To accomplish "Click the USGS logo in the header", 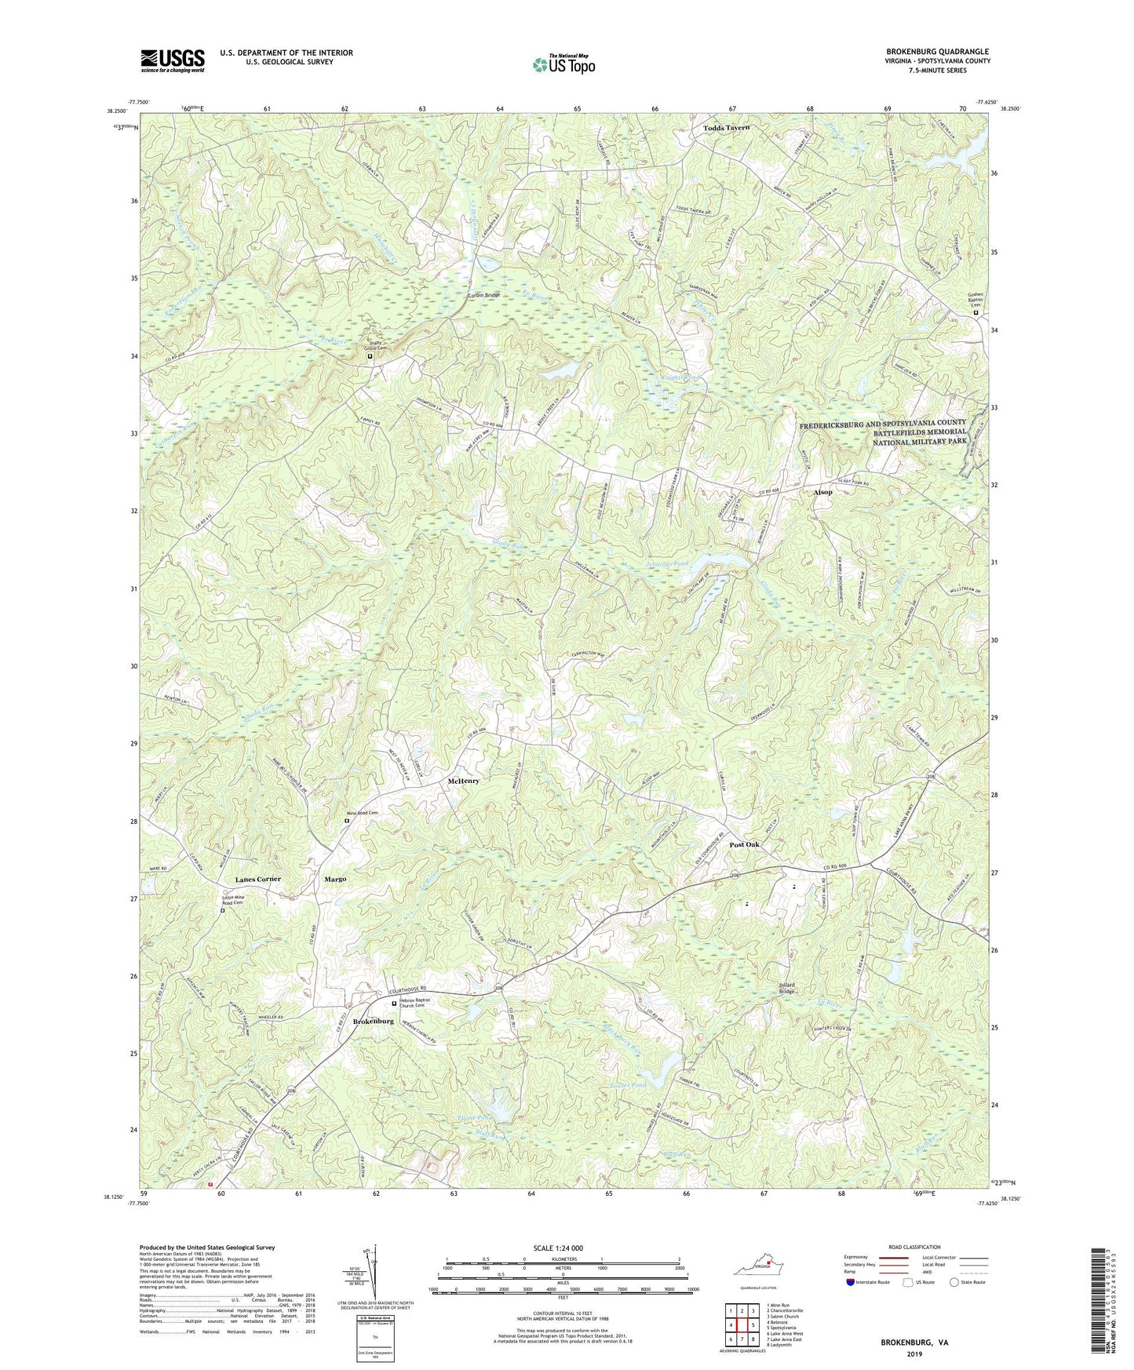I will coord(172,60).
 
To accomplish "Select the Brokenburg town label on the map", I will coord(374,1021).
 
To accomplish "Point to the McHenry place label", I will coord(463,782).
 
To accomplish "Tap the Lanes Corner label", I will coord(257,879).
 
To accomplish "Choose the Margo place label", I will coord(335,879).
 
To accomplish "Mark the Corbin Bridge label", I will coord(483,295).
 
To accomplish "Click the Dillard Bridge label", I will coord(787,988).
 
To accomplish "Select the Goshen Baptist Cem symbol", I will coord(976,313).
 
